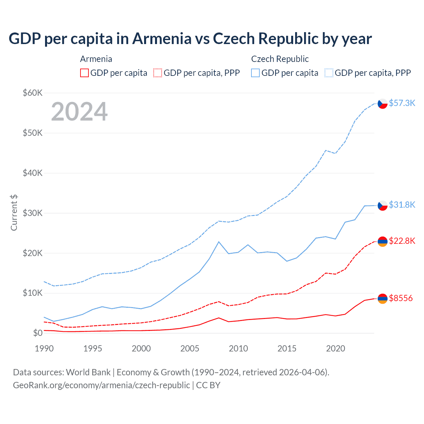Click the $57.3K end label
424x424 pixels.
click(402, 103)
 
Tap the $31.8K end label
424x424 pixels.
click(402, 205)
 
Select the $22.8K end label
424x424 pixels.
click(402, 241)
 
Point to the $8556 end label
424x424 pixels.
click(401, 298)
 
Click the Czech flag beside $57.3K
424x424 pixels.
click(383, 104)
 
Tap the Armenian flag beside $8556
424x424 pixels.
click(383, 298)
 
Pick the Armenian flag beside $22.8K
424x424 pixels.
click(383, 241)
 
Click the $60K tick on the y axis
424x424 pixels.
click(33, 93)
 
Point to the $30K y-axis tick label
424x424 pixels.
click(33, 213)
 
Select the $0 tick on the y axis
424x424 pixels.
click(38, 333)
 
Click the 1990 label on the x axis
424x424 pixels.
click(44, 348)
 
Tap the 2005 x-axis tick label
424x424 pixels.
click(190, 348)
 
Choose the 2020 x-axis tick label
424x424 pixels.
click(336, 348)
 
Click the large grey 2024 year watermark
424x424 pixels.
click(79, 112)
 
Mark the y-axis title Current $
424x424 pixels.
click(14, 213)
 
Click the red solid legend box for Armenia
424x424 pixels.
click(84, 73)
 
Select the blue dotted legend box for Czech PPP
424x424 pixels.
click(329, 73)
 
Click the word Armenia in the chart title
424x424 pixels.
click(162, 39)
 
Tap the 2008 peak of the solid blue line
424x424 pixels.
click(219, 242)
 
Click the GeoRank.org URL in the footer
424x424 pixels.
click(101, 385)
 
